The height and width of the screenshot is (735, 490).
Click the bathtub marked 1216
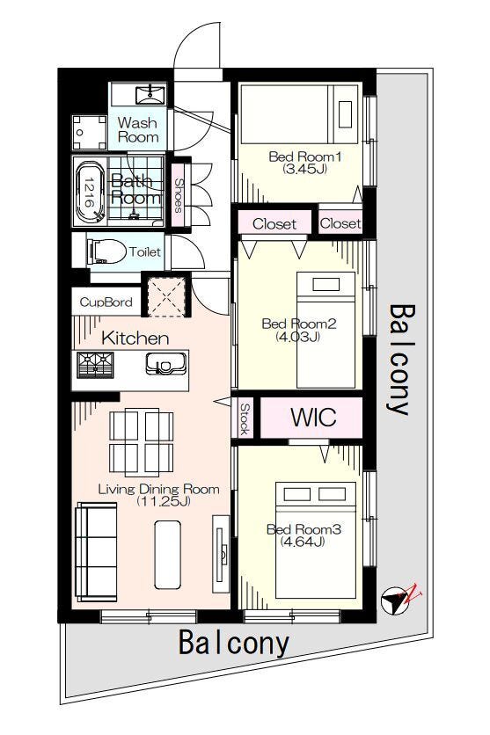88,193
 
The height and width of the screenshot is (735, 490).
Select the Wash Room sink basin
150,95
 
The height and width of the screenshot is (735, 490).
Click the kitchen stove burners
96,365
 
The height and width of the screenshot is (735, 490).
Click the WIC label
313,416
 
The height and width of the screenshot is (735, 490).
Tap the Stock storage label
244,418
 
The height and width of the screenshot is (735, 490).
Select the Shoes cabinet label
179,195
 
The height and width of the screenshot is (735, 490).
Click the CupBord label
106,302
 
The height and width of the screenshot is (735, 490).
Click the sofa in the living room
97,552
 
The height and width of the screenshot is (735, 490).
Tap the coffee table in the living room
167,555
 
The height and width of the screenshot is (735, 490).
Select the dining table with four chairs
141,442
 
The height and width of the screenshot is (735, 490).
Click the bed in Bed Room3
316,540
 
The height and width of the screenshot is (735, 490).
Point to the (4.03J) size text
298,336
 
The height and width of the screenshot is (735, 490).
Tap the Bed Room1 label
304,156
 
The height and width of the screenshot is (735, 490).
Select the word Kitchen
135,338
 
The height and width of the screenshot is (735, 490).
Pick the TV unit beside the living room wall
221,554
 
